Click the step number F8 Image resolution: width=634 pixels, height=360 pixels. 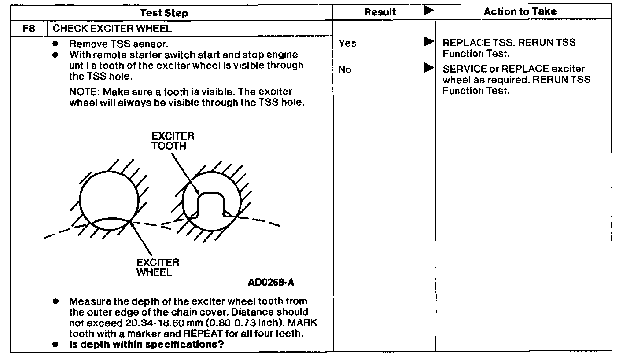coord(28,29)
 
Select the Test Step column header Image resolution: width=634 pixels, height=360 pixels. coord(164,13)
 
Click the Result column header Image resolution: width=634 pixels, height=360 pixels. coord(380,13)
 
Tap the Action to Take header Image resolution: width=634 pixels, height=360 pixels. coord(520,12)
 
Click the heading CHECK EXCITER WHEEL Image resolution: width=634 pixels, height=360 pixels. coord(112,29)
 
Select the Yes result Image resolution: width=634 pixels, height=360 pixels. coord(347,43)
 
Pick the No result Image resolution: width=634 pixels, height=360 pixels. coord(345,70)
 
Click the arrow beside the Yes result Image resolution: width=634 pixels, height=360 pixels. coord(428,42)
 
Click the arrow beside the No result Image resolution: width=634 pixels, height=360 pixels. coord(428,68)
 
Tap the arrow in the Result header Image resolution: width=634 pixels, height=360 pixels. coord(428,11)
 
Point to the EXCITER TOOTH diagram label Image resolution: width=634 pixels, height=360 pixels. coord(173,141)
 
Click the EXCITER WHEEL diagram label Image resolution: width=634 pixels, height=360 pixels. coord(158,267)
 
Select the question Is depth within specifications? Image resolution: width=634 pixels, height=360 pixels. coord(146,344)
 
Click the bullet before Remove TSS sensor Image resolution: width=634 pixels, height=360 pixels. coord(55,44)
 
